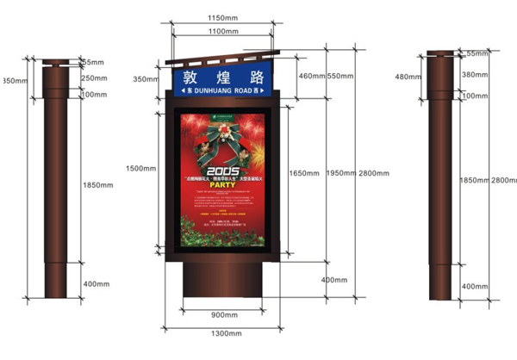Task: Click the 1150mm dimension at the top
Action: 224,18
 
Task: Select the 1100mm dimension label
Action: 223,32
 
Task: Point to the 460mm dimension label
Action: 312,77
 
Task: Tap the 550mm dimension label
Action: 341,77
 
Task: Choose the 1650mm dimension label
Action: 305,173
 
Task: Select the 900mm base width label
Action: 224,314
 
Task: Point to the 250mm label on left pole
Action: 93,78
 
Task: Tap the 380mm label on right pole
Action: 476,75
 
